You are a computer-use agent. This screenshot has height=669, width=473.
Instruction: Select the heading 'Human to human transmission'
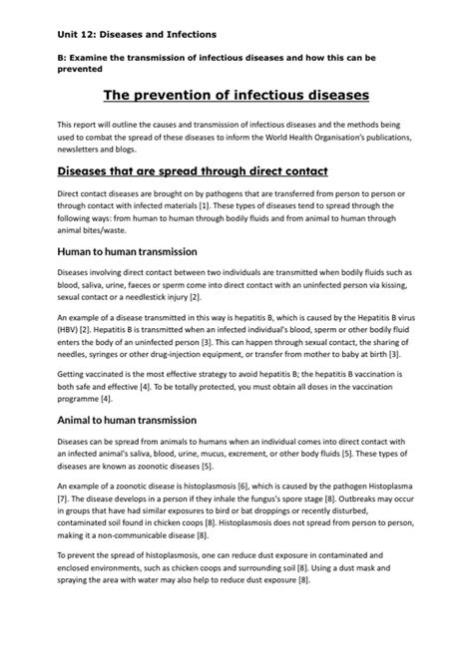[127, 251]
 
